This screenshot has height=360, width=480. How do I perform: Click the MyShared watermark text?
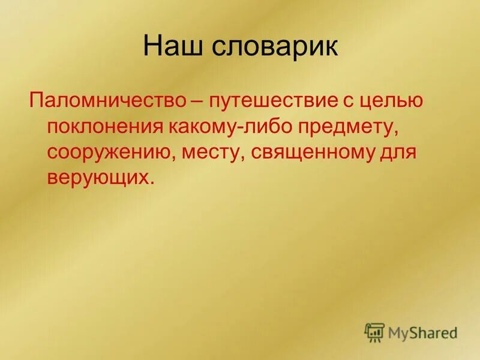[x=422, y=332]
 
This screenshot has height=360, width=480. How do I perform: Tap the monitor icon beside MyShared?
[x=374, y=331]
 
